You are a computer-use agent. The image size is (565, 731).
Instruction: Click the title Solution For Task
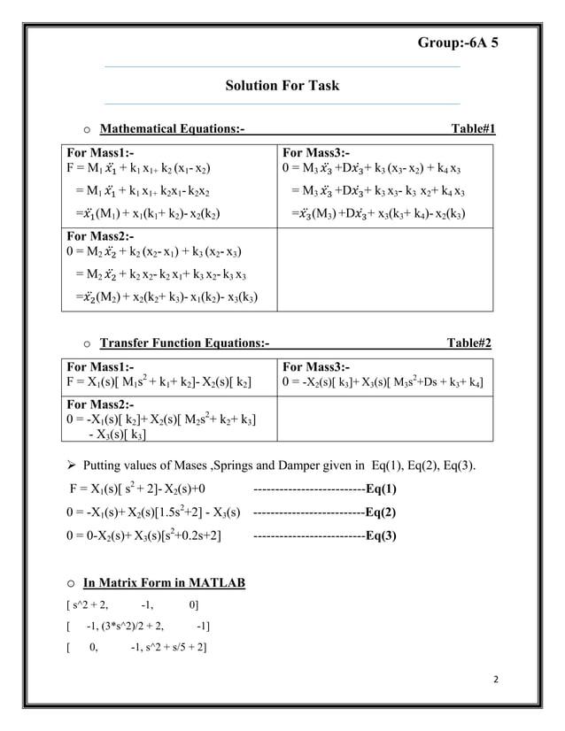click(282, 86)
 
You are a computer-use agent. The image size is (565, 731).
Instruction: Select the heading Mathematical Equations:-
click(173, 131)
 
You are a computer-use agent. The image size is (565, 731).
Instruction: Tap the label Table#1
click(473, 131)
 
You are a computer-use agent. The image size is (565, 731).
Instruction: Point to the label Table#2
click(473, 342)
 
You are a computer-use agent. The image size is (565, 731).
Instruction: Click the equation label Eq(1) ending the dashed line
click(380, 488)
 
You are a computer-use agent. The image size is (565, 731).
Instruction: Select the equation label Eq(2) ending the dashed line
click(380, 512)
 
